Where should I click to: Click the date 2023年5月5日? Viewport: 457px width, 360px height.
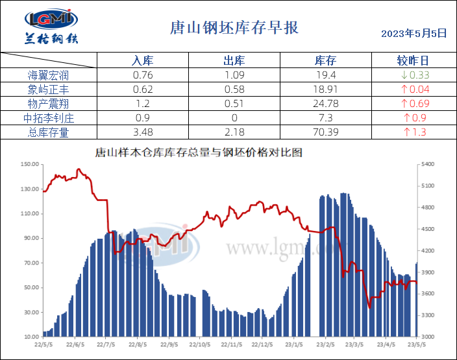pyautogui.click(x=414, y=32)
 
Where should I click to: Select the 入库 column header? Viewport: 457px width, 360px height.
pyautogui.click(x=142, y=60)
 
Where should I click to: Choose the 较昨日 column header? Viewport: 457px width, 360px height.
pyautogui.click(x=413, y=60)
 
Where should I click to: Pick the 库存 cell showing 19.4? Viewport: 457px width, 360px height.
pyautogui.click(x=325, y=75)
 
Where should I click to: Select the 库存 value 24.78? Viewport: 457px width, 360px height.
pyautogui.click(x=325, y=104)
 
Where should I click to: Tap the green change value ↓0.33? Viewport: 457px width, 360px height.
pyautogui.click(x=415, y=75)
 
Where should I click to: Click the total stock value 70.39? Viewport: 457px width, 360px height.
pyautogui.click(x=325, y=132)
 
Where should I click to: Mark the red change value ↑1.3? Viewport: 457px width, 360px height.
pyautogui.click(x=415, y=132)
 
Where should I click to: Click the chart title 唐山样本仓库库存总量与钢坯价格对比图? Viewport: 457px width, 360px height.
pyautogui.click(x=199, y=154)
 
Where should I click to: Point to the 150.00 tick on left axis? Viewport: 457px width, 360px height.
pyautogui.click(x=30, y=165)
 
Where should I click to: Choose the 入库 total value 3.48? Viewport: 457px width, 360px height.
pyautogui.click(x=142, y=132)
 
